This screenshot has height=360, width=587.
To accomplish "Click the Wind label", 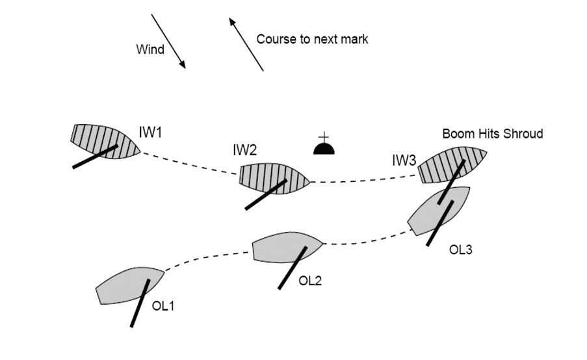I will click(x=150, y=49).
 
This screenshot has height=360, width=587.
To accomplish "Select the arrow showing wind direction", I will click(x=168, y=41).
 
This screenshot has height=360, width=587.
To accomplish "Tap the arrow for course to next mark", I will click(x=246, y=44).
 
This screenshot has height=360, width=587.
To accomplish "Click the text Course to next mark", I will click(x=312, y=39).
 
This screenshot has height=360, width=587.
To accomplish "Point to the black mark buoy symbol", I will click(x=324, y=148).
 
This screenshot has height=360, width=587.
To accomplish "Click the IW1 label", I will click(x=150, y=133).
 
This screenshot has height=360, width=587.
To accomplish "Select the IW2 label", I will click(x=245, y=150).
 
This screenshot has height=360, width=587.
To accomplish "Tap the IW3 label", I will click(x=404, y=160).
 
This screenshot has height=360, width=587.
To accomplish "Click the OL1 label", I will click(x=163, y=305).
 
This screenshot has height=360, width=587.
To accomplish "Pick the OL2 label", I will click(x=310, y=281).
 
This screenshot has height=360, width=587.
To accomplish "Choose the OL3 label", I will click(x=461, y=250).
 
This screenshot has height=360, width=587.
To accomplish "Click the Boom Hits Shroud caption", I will click(x=492, y=134).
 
